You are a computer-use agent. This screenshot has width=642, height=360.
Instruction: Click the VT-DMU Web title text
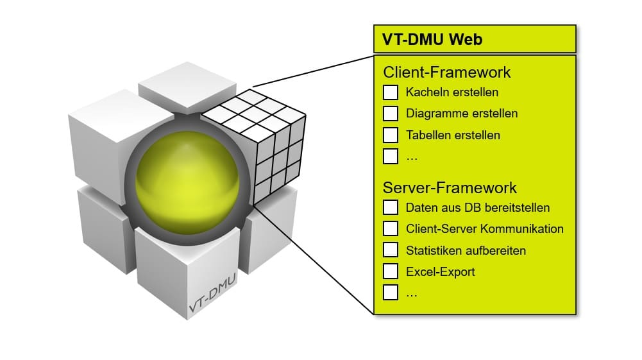[x=432, y=39]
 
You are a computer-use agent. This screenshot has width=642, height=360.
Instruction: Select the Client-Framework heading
[x=446, y=73]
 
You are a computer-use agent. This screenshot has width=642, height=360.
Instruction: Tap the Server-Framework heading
[x=450, y=188]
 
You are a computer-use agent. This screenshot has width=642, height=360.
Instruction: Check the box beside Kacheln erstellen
[x=391, y=92]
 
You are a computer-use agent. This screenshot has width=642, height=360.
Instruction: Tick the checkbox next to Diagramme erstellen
[x=391, y=114]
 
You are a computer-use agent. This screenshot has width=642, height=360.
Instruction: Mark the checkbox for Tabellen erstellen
[x=391, y=135]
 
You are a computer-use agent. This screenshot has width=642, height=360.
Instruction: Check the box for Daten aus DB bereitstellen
[x=391, y=207]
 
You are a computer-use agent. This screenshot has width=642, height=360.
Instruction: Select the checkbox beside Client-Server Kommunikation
[x=391, y=228]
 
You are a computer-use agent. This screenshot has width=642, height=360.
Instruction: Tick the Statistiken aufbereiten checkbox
[x=391, y=250]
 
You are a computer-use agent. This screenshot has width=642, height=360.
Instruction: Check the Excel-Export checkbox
[x=391, y=271]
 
